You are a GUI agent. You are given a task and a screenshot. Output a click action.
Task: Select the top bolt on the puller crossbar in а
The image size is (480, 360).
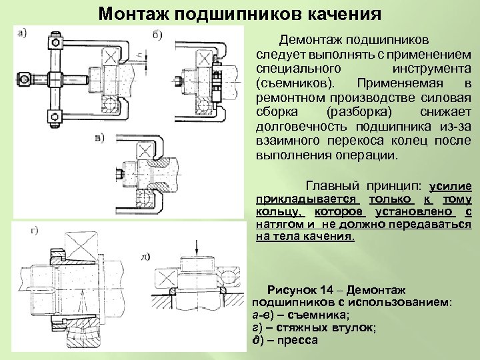point(57,44)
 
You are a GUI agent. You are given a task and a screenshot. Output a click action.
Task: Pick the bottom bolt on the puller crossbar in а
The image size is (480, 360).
point(57,119)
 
